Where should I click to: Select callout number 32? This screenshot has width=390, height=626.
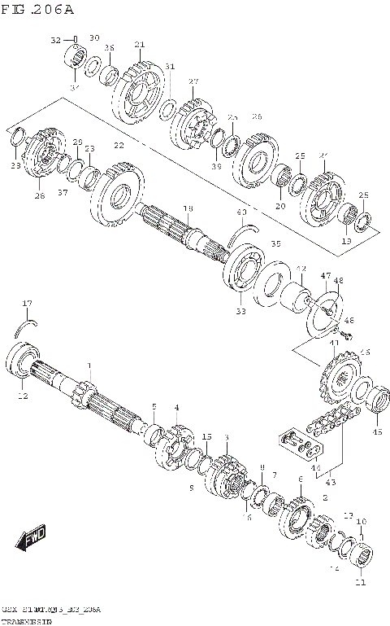(56, 39)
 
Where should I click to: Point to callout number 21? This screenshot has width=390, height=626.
(139, 44)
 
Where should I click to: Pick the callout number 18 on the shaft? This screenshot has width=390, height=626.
(187, 209)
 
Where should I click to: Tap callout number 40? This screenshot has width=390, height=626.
(241, 213)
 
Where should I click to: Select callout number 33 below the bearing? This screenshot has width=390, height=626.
(240, 310)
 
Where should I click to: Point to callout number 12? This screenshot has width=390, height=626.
(23, 396)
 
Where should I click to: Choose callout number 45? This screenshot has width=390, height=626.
(376, 431)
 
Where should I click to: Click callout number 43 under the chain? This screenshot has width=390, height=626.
(331, 482)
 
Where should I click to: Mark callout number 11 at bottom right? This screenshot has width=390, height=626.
(360, 582)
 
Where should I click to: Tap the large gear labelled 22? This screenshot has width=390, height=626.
(119, 195)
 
